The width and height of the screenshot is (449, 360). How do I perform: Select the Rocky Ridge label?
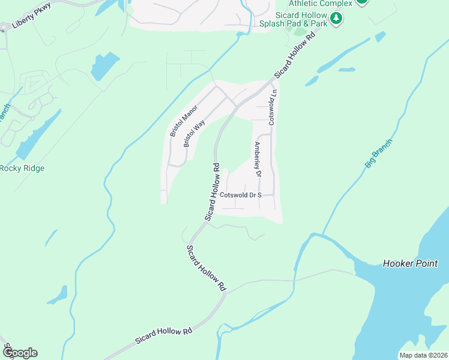click(22, 169)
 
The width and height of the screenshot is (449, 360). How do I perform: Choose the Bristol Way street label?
click(194, 133)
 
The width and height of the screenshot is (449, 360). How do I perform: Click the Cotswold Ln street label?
click(273, 107)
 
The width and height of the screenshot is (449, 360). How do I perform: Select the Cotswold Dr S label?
click(241, 195)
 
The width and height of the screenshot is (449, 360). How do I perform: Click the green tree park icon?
click(337, 19)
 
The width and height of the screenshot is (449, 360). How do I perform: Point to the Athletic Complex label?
click(321, 3)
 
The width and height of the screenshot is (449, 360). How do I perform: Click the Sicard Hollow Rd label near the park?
click(295, 55)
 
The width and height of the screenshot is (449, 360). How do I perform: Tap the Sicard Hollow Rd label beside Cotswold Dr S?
click(213, 191)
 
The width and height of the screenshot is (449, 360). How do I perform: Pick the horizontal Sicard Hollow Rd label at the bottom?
click(163, 335)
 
